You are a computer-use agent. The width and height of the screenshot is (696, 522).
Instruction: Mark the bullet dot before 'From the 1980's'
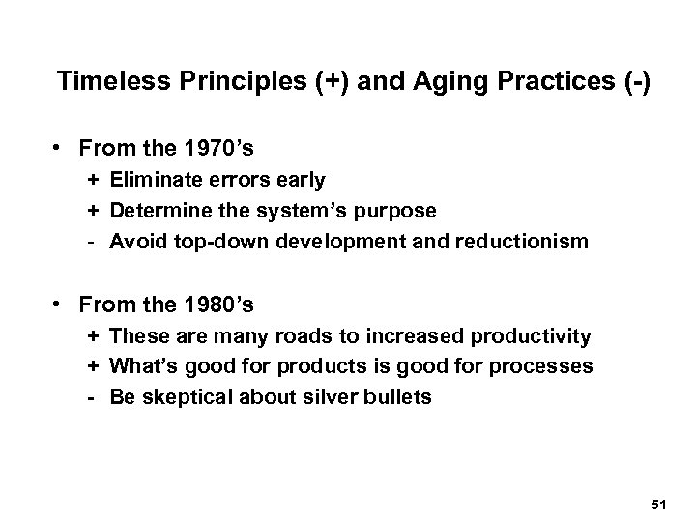60,306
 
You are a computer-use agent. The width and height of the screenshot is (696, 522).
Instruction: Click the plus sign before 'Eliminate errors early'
92,179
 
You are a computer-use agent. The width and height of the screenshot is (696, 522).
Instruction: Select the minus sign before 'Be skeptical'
92,397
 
